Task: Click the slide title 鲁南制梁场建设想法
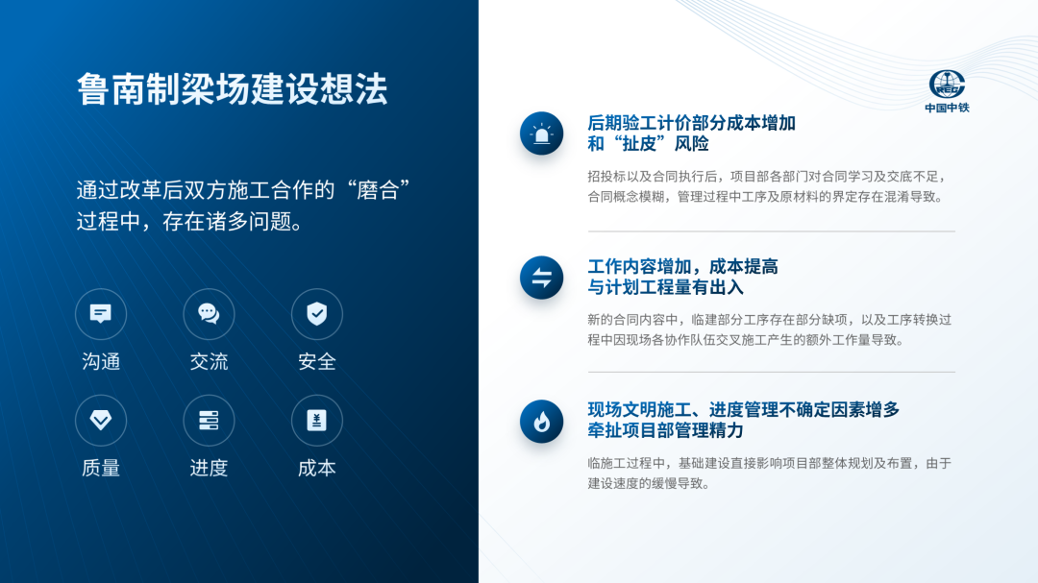pos(232,88)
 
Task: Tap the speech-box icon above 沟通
pos(101,314)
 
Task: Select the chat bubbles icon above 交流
pos(209,314)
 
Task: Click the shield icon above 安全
pos(317,314)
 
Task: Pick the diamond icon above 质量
pos(101,421)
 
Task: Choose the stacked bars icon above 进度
pos(209,421)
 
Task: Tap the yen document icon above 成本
pos(317,421)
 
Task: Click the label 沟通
pos(101,361)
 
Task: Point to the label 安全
pos(317,361)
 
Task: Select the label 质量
pos(101,468)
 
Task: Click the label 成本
pos(317,468)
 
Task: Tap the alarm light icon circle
pos(541,134)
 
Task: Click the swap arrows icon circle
pos(541,278)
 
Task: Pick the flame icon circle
pos(541,422)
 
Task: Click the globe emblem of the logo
pos(947,85)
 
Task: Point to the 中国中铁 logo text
pos(947,108)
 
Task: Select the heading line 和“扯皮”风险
pos(648,144)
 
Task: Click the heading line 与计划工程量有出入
pos(665,287)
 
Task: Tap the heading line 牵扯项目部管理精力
pos(665,431)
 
